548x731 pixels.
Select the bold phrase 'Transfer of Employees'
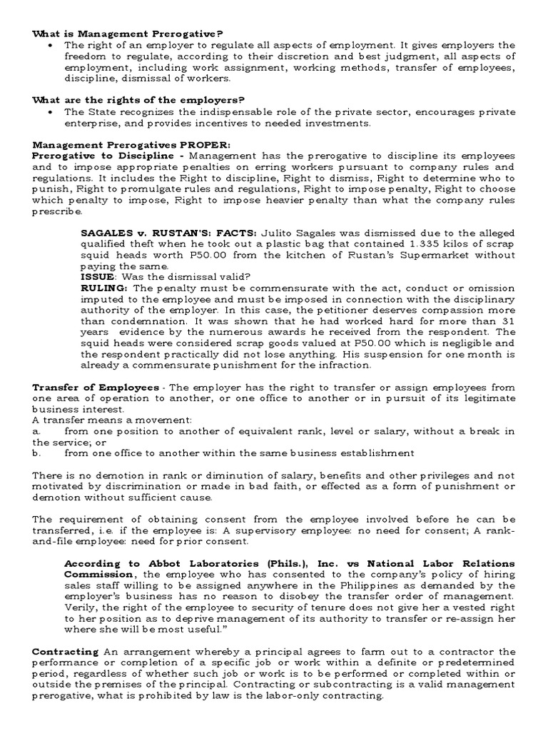[x=96, y=387]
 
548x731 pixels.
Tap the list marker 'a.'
[x=36, y=431]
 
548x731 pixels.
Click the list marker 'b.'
[x=36, y=453]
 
